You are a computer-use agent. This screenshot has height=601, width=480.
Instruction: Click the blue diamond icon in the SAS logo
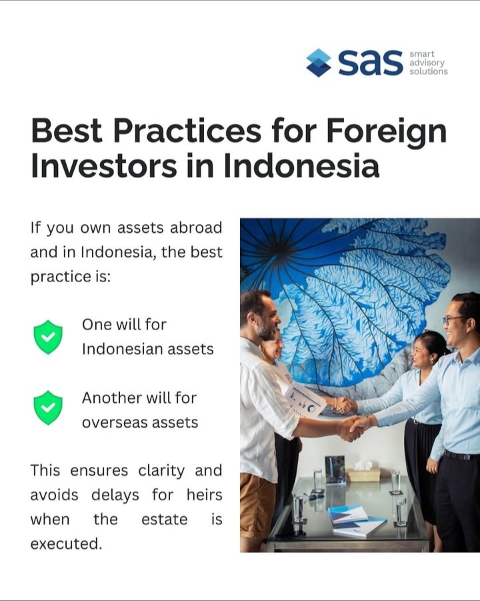319,62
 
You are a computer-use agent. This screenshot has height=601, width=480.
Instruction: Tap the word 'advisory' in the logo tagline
427,63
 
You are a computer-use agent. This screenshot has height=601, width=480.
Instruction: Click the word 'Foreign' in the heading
386,130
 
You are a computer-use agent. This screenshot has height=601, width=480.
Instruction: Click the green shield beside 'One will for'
48,337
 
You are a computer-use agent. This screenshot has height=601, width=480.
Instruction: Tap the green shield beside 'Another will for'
48,408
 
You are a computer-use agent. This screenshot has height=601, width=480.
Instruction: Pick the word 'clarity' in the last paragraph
163,470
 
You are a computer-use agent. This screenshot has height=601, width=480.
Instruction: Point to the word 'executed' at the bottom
65,544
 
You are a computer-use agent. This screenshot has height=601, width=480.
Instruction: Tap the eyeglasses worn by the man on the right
455,320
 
